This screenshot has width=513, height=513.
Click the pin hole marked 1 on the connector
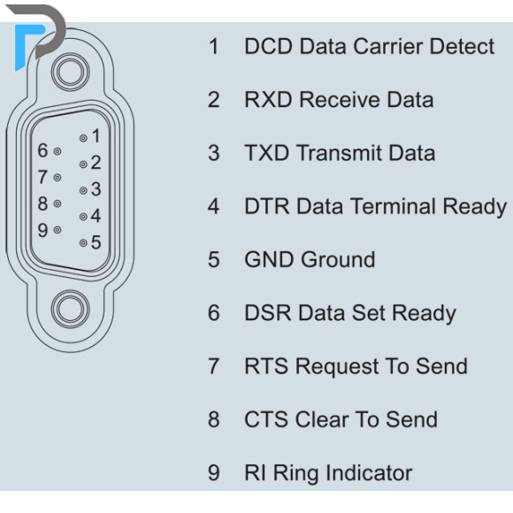[x=83, y=138]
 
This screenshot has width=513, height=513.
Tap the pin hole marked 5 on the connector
[x=83, y=242]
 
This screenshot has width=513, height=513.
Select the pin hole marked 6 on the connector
[x=57, y=151]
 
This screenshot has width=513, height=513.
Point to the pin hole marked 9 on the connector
[x=57, y=230]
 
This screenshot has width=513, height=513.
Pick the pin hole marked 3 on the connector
[x=83, y=190]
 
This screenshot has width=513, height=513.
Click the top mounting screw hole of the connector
[x=71, y=72]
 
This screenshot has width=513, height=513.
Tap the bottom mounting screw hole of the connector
[x=71, y=310]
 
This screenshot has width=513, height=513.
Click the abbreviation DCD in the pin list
[x=268, y=46]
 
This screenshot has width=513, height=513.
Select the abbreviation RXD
[x=268, y=99]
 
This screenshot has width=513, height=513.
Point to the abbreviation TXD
[x=267, y=153]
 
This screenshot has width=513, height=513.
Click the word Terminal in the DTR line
[x=393, y=206]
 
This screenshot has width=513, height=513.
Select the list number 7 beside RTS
[x=214, y=366]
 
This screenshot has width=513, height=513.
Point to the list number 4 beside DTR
[x=214, y=206]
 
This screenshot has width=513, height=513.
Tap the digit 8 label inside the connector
[x=42, y=203]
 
